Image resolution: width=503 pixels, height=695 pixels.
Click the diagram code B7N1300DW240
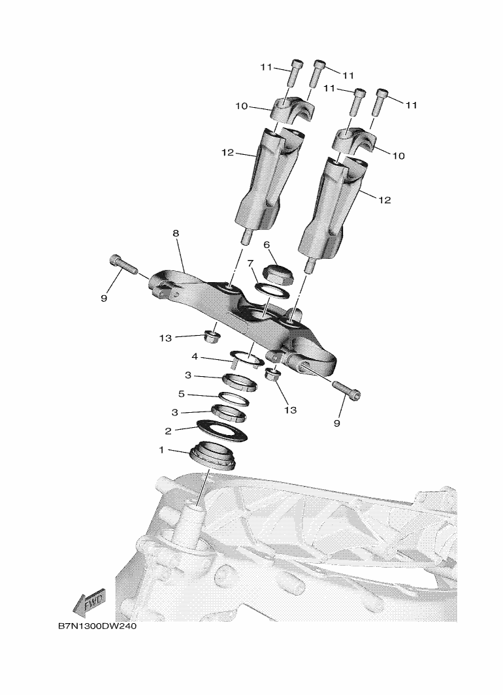(97, 627)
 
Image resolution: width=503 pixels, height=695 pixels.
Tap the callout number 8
(176, 233)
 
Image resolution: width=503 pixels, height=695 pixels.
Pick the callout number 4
(195, 357)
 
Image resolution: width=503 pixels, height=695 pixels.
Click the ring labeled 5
(233, 400)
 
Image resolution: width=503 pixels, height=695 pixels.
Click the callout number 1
(161, 450)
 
